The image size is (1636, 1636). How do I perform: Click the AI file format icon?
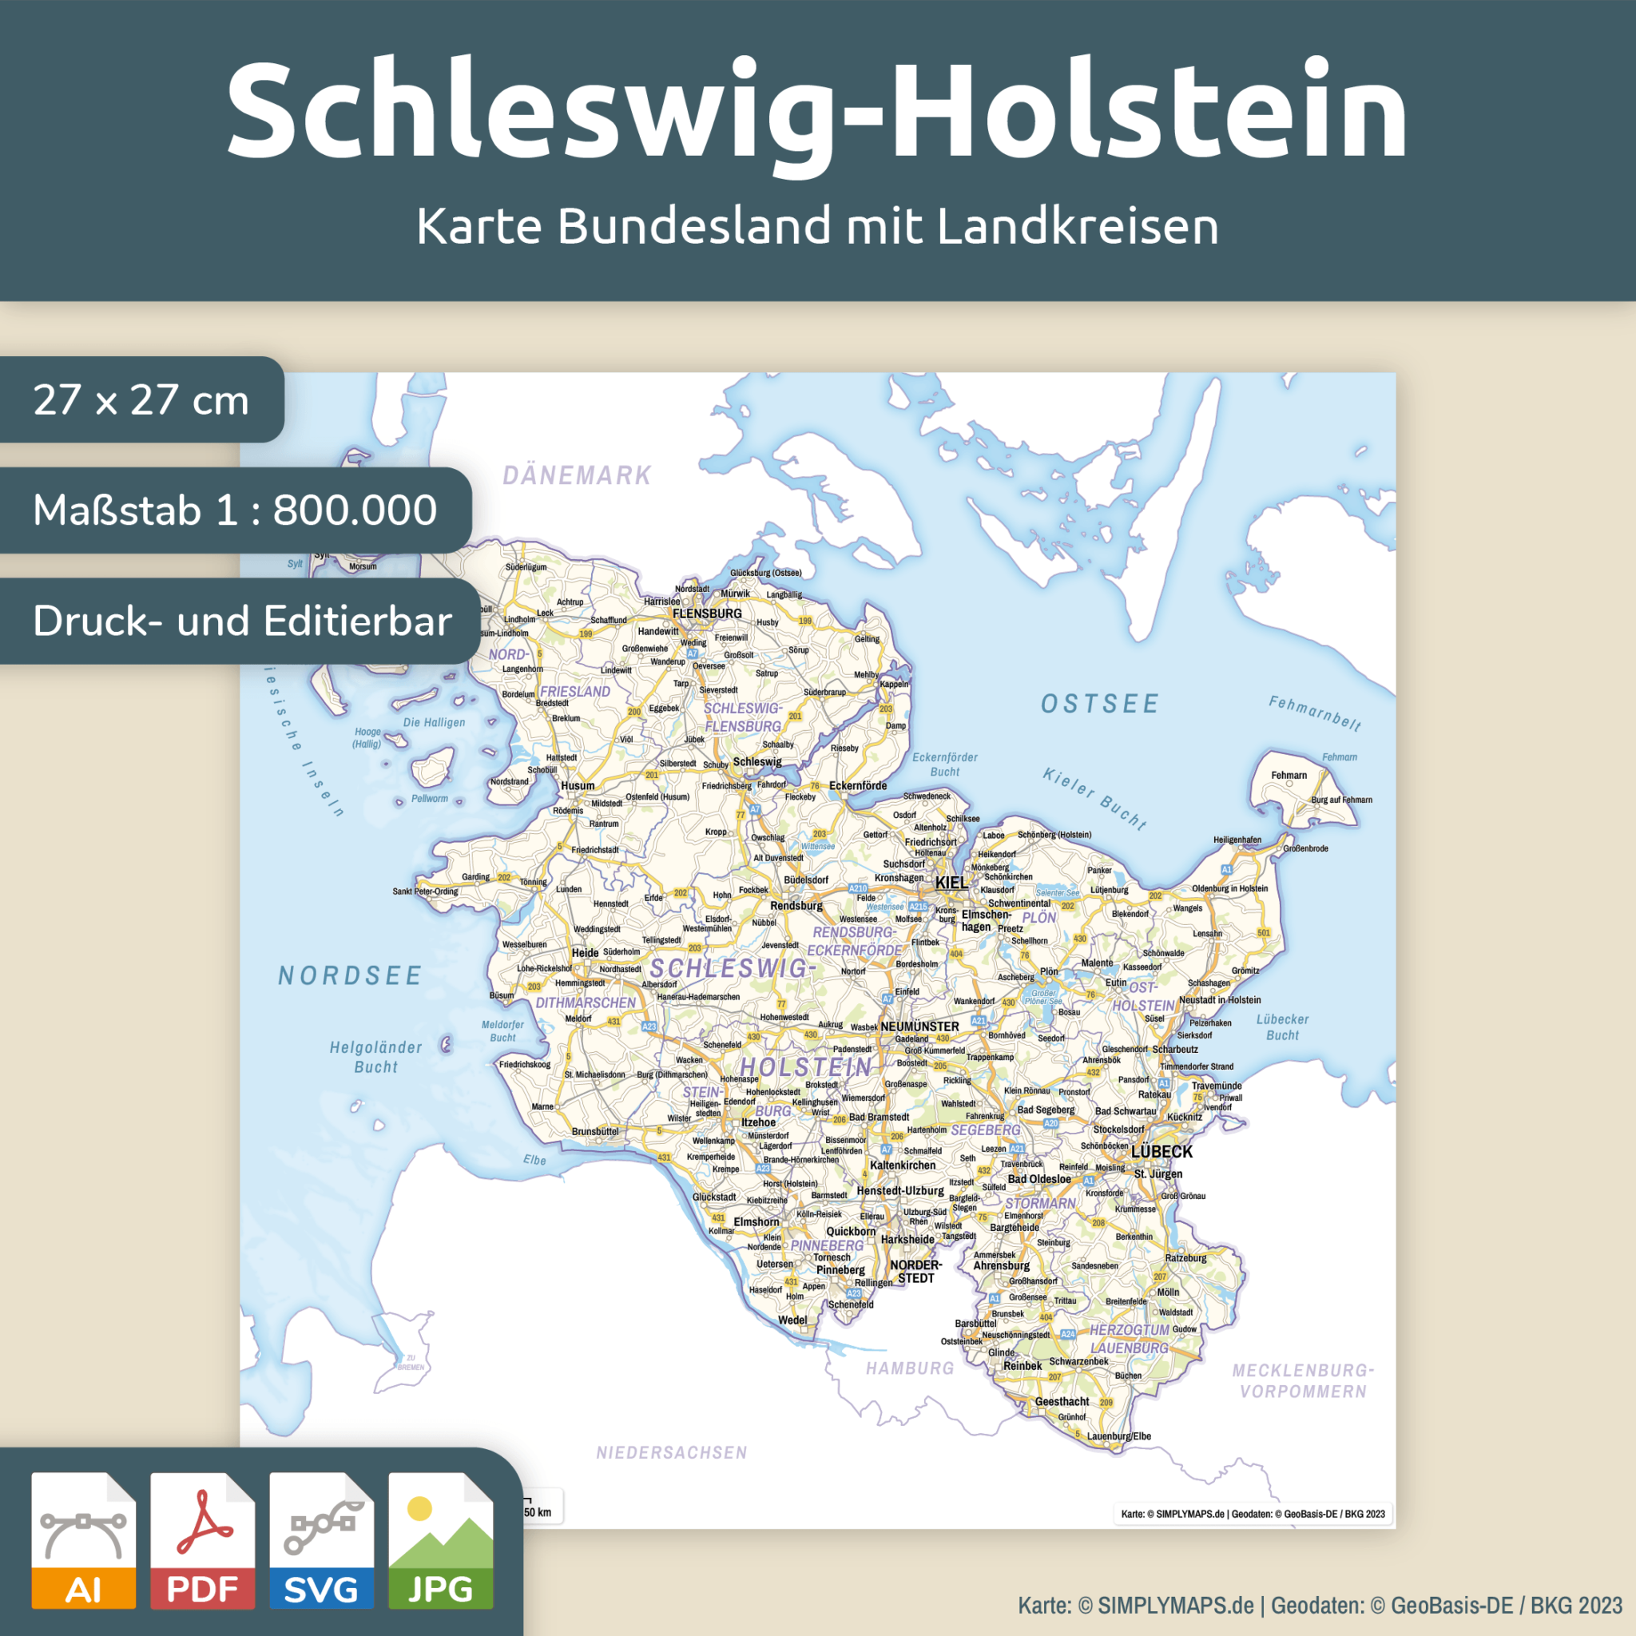pos(83,1539)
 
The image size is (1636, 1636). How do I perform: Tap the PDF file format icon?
pos(202,1539)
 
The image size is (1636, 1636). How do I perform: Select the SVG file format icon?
pos(321,1539)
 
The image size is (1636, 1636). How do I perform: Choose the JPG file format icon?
pos(440,1539)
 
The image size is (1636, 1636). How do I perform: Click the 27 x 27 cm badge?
pos(141,399)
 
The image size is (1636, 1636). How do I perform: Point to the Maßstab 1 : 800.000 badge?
pos(235,510)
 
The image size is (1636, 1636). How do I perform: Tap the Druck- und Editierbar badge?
pos(241,621)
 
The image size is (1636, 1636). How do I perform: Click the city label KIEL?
pos(951,883)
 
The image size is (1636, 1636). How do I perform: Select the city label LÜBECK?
pos(1161,1152)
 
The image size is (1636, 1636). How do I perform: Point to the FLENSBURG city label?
pos(706,613)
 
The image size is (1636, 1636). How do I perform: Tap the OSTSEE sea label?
pos(1099,704)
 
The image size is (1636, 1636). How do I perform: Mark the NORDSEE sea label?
pos(350,975)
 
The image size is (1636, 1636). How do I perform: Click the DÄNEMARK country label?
pos(578,475)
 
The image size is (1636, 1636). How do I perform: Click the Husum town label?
pos(578,785)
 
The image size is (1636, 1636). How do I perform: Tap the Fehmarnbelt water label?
pos(1314,712)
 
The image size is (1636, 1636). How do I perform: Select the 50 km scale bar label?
pos(537,1512)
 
